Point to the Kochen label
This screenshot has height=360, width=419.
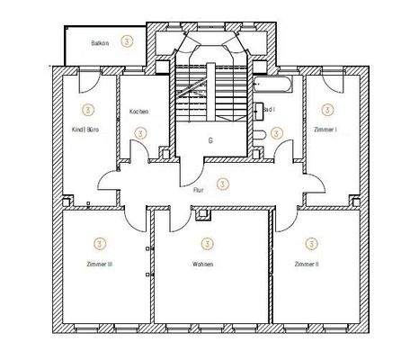[139, 112]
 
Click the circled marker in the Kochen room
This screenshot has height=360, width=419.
[139, 132]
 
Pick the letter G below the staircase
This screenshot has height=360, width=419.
[209, 141]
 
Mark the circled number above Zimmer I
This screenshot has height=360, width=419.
[326, 110]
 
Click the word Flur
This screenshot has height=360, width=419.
[199, 191]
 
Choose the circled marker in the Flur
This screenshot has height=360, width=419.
[223, 183]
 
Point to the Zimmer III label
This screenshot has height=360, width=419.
[98, 264]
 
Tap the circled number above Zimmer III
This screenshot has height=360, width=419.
[99, 243]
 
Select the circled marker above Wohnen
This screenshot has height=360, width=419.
[208, 243]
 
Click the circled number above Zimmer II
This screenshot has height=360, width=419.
[311, 243]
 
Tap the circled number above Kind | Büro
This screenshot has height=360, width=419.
[87, 110]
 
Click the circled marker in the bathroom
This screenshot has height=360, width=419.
[276, 131]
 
